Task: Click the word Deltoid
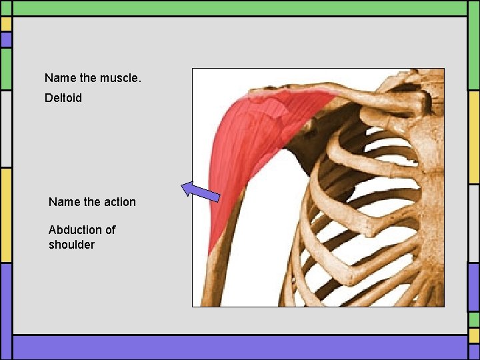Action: tap(63, 98)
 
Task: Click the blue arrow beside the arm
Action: tap(200, 191)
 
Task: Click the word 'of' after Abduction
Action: tap(110, 230)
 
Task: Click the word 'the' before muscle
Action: tap(87, 78)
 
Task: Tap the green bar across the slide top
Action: tap(240, 7)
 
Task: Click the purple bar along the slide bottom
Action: tap(240, 347)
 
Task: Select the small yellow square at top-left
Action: tap(6, 24)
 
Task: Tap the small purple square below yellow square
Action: tap(6, 40)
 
